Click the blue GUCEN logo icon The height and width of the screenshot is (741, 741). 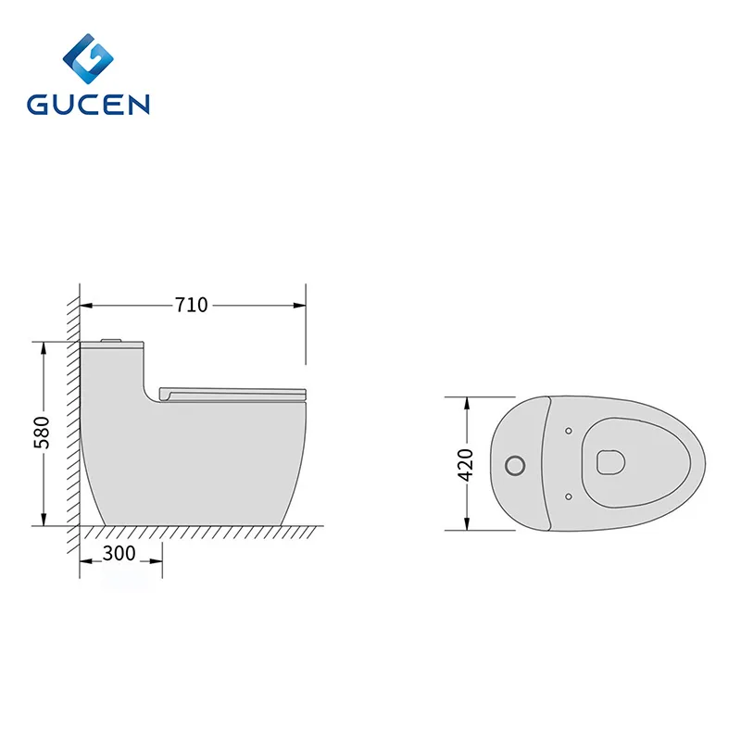tap(89, 57)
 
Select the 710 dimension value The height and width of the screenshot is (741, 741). tap(192, 305)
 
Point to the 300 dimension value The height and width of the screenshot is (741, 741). tap(119, 554)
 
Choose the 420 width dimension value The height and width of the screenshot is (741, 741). tap(466, 463)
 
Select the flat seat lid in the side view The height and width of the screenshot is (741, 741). tap(232, 391)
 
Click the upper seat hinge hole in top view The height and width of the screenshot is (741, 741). tap(567, 431)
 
